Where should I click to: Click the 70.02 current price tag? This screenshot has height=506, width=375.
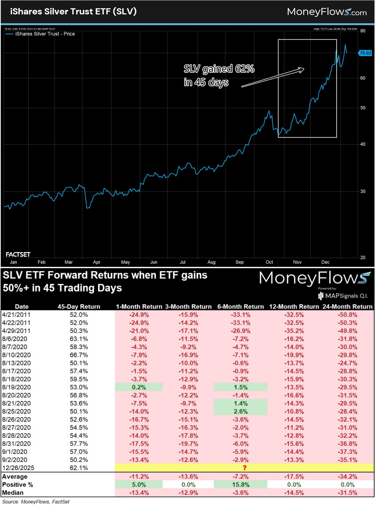pyautogui.click(x=365, y=53)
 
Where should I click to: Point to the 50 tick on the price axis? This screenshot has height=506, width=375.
pyautogui.click(x=363, y=108)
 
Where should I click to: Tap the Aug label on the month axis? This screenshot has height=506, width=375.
pyautogui.click(x=211, y=262)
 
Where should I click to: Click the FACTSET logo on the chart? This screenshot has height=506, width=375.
pyautogui.click(x=18, y=254)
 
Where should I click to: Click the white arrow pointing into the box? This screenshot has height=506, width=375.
pyautogui.click(x=272, y=78)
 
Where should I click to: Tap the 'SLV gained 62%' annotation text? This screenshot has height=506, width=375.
pyautogui.click(x=219, y=69)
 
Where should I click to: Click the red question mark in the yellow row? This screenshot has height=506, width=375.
pyautogui.click(x=244, y=468)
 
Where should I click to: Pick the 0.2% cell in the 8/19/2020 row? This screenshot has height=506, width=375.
pyautogui.click(x=139, y=387)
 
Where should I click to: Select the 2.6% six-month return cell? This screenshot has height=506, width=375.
pyautogui.click(x=240, y=411)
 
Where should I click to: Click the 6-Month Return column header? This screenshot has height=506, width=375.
pyautogui.click(x=240, y=307)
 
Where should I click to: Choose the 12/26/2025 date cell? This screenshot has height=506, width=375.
pyautogui.click(x=18, y=468)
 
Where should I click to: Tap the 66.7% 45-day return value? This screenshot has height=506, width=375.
pyautogui.click(x=79, y=355)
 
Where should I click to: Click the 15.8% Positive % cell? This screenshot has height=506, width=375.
pyautogui.click(x=240, y=485)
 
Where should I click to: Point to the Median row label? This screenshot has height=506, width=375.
pyautogui.click(x=13, y=493)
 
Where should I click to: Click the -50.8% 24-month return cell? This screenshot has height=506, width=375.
pyautogui.click(x=347, y=315)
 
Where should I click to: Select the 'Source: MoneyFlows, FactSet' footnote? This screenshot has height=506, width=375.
pyautogui.click(x=36, y=502)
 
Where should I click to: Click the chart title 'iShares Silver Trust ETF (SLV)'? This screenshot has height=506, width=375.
pyautogui.click(x=73, y=11)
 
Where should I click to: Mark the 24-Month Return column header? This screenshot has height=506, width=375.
pyautogui.click(x=347, y=307)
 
